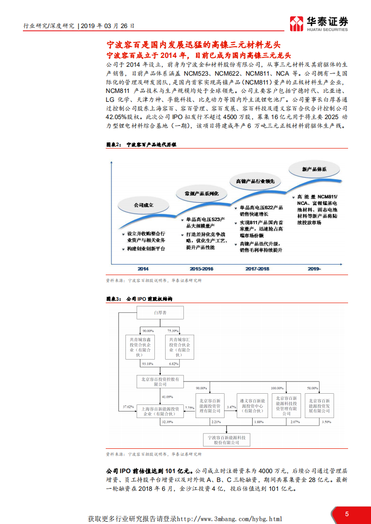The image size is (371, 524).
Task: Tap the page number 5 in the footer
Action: pos(347,514)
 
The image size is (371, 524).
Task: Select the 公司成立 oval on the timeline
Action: pos(143,205)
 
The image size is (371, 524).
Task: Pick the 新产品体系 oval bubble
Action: pos(314,169)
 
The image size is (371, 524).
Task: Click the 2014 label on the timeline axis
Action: pos(143,269)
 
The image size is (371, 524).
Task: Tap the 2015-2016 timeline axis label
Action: pos(201,269)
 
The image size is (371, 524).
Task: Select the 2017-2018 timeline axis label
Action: pos(257,269)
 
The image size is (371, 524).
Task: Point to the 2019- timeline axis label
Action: pos(314,269)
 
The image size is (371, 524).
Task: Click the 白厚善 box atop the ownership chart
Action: pos(160,313)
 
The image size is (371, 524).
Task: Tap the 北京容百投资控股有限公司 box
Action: pos(160,381)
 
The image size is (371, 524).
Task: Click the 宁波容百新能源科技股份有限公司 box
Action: pos(226,439)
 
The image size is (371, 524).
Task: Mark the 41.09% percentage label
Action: pos(167,397)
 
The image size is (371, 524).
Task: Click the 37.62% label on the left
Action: pos(128,407)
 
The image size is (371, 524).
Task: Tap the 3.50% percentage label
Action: pos(326,422)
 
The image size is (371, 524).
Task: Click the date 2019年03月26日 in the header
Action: pos(108,26)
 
